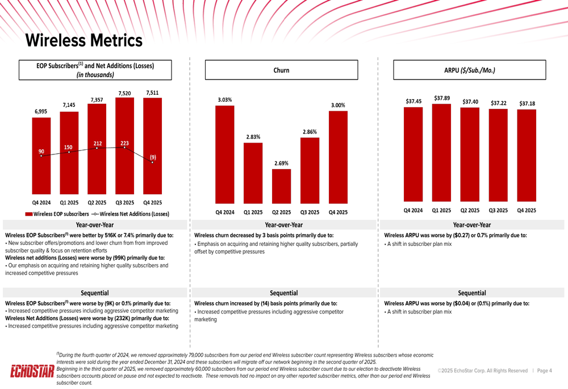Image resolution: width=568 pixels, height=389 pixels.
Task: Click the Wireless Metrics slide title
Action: point(84,40)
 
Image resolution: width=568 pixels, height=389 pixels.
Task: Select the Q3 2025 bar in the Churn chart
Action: point(310,170)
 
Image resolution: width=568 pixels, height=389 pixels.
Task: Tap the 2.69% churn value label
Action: point(281,164)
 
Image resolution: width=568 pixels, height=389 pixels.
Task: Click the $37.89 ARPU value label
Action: point(442,98)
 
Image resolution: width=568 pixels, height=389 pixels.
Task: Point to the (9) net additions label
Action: point(153,157)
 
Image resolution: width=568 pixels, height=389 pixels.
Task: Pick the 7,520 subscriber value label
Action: point(124,93)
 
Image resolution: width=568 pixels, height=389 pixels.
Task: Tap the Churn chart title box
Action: point(281,70)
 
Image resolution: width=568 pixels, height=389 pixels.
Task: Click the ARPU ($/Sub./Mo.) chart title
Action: point(469,70)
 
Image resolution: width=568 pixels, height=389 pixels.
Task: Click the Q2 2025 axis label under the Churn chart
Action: point(281,212)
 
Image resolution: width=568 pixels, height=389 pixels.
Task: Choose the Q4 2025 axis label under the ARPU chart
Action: point(527,210)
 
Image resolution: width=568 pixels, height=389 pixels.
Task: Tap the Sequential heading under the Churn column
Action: point(284,293)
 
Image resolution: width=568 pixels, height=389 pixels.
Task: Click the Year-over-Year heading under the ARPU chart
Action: point(472,225)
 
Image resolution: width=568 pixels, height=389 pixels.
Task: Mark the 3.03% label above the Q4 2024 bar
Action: point(225,100)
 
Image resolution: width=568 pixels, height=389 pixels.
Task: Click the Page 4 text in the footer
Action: point(544,371)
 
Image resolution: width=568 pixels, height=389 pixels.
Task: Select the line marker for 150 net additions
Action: point(69,152)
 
